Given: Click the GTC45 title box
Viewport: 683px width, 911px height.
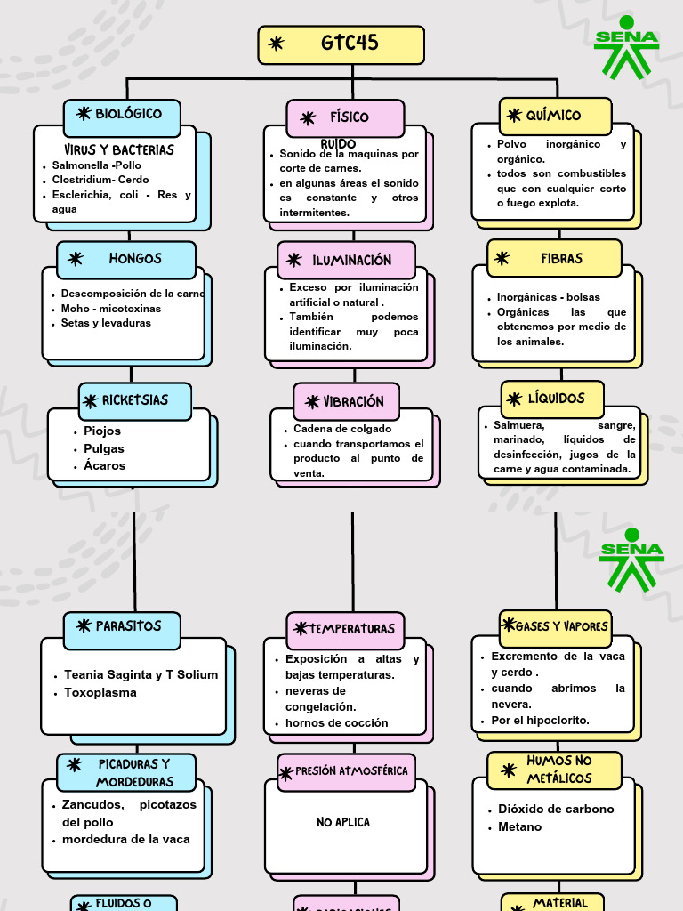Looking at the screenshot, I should tap(341, 44).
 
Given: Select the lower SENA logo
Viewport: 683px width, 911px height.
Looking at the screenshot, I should tap(631, 560).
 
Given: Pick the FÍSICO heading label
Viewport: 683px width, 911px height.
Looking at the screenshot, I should tap(345, 118).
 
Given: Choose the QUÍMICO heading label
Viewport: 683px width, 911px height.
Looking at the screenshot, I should tap(556, 116).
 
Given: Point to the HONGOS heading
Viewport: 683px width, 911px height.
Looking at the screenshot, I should tap(126, 260).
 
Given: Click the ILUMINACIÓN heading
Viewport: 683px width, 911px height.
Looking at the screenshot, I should tap(346, 260).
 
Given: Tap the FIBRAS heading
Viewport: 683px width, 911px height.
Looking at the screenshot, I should tap(554, 259).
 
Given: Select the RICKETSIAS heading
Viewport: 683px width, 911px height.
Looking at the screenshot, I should tap(135, 401).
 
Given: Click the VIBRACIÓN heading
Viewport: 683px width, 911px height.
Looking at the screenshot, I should tap(346, 401).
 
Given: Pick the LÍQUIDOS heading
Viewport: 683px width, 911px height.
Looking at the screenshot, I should tap(552, 399).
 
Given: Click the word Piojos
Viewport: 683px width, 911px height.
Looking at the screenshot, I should tap(102, 431).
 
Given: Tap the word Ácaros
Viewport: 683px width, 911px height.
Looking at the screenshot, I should tap(105, 466).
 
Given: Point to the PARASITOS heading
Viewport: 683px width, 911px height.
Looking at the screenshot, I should tap(122, 627).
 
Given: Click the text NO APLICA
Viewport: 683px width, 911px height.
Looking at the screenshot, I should tap(343, 823).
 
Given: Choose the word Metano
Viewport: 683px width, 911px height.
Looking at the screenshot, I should tap(519, 827).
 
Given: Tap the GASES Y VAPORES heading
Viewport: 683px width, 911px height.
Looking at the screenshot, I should tap(556, 626).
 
